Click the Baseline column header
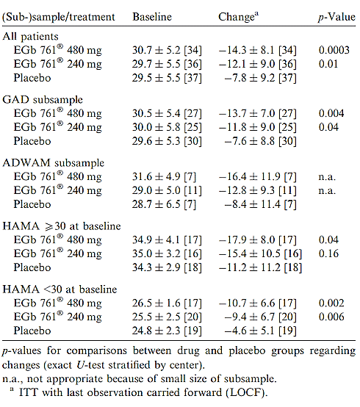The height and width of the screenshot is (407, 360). pos(152,17)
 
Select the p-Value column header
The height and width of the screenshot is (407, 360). pos(337,18)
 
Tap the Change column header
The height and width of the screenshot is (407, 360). pos(238,17)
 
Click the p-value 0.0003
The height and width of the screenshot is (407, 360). pos(334,50)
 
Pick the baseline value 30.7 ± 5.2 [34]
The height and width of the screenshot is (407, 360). pos(167,50)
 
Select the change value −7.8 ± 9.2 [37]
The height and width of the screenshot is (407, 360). pos(260,78)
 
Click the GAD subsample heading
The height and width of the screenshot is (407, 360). pos(43,100)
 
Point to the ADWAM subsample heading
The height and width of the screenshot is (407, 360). pos(53,163)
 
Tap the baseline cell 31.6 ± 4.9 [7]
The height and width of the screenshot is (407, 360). pos(164,177)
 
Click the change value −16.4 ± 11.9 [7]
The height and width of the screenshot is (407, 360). pos(257,177)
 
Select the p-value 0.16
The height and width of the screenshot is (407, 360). pos(328,253)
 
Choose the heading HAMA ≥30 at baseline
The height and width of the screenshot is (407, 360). pos(62,226)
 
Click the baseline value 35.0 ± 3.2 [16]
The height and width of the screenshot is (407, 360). pos(167,253)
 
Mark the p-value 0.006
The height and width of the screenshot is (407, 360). pos(331,317)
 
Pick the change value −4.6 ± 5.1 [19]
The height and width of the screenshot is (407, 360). pos(260,331)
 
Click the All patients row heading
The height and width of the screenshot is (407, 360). pos(30,37)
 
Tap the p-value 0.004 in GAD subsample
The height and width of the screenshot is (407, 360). pos(331,113)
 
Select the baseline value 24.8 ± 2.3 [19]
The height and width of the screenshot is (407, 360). pos(167,331)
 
